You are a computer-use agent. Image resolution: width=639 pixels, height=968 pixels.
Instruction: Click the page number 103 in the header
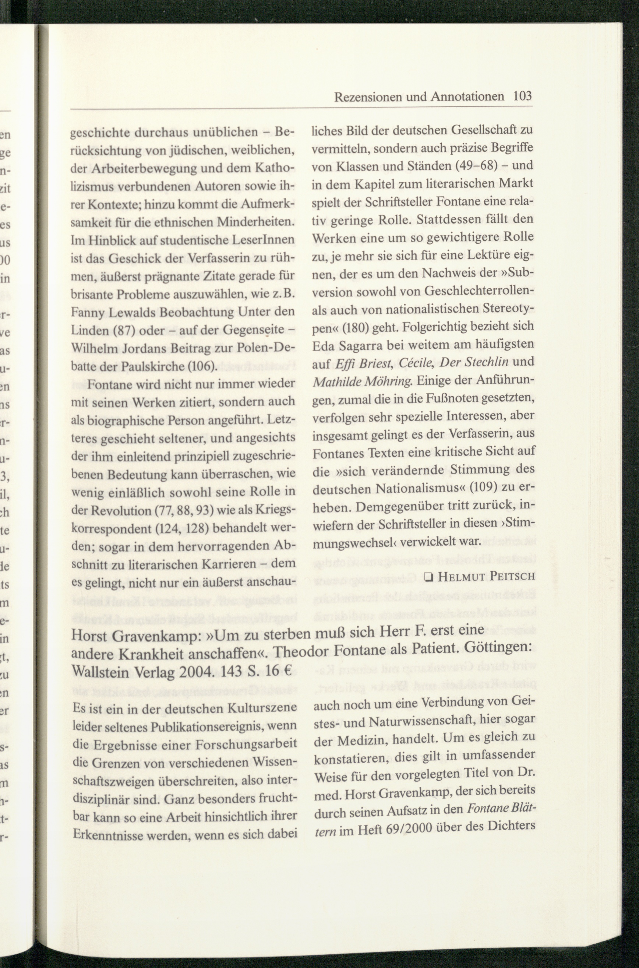pos(523,96)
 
